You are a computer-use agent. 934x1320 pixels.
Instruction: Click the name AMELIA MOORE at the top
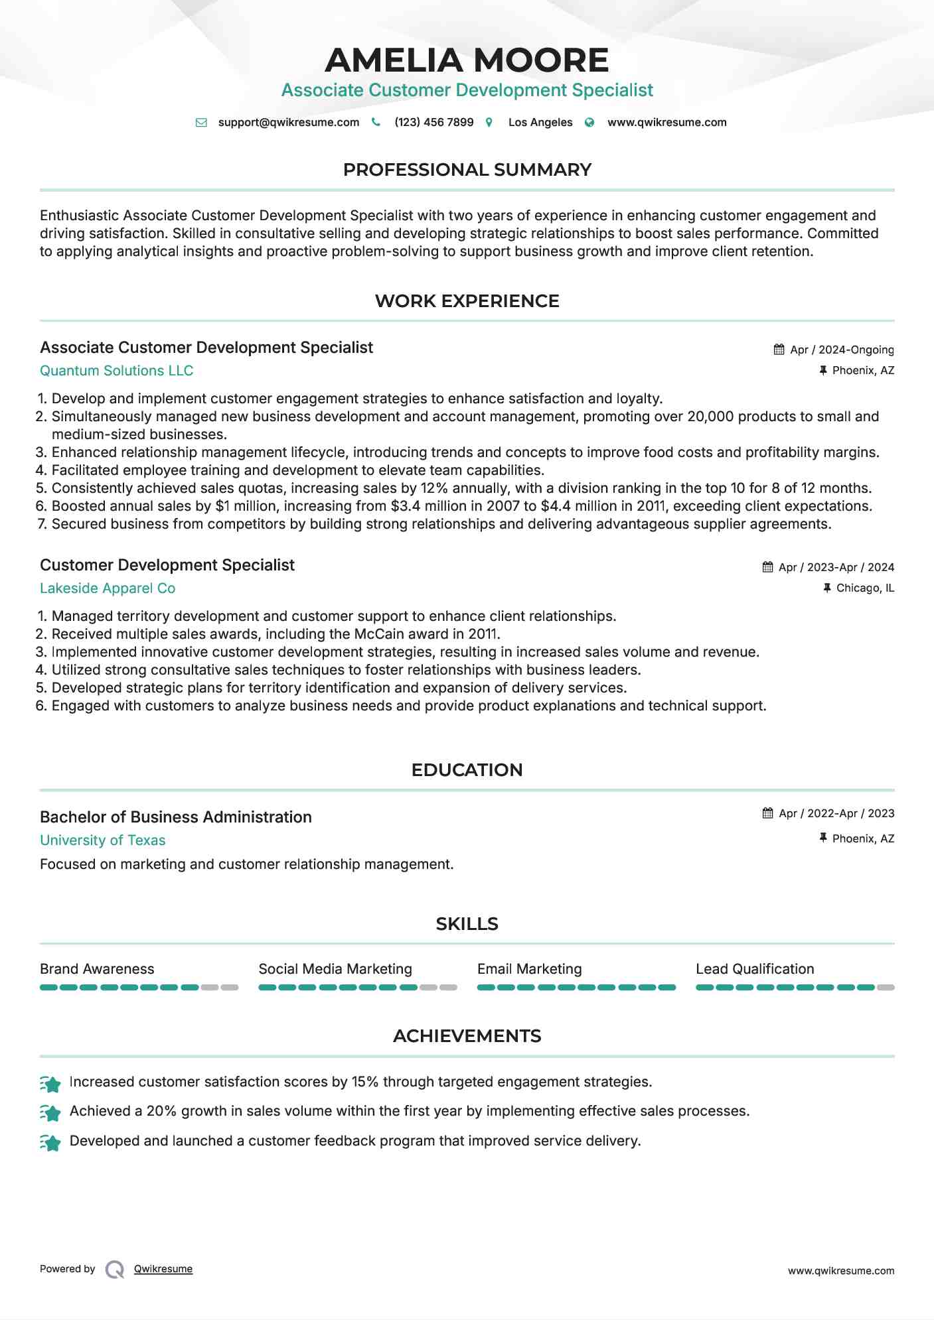coord(467,60)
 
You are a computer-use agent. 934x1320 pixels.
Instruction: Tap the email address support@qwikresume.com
coord(288,122)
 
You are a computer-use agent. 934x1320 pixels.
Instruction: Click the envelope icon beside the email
coord(201,122)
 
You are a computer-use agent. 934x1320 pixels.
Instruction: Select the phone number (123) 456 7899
coord(433,122)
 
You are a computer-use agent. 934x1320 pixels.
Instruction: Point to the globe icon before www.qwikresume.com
coord(589,122)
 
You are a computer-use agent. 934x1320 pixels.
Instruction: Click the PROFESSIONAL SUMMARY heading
coord(467,170)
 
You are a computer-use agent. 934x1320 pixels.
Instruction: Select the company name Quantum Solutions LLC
coord(116,371)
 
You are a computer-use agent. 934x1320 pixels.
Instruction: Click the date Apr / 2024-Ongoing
coord(841,350)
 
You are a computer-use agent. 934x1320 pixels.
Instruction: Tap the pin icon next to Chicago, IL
coord(826,588)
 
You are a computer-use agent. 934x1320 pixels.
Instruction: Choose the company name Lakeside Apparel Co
coord(108,588)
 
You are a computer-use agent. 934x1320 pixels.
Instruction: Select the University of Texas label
coord(102,840)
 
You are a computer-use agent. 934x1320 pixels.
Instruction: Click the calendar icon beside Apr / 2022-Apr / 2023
coord(767,813)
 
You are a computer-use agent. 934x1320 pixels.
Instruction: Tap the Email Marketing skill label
coord(529,969)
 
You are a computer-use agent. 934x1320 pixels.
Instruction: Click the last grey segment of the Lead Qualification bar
coord(886,988)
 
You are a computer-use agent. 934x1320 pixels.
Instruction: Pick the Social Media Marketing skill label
coord(335,969)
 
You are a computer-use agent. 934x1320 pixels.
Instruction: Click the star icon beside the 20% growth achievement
coord(50,1112)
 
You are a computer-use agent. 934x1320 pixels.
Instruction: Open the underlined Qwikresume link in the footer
coord(163,1269)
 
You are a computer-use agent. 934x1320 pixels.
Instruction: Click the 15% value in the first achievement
coord(364,1082)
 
